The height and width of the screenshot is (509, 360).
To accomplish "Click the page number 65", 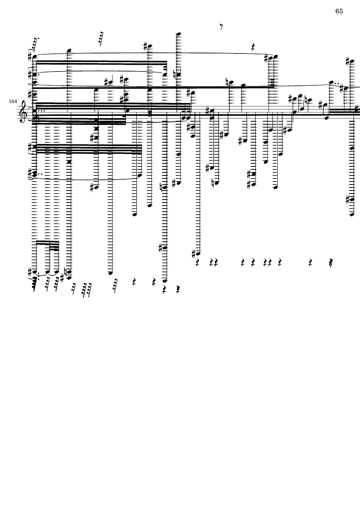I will click(339, 11).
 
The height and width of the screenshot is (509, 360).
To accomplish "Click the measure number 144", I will click(12, 101).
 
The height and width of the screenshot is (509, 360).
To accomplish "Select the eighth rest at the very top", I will click(221, 27).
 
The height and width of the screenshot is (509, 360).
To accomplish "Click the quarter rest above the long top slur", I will click(254, 47).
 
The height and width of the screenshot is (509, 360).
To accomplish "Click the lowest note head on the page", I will click(165, 281).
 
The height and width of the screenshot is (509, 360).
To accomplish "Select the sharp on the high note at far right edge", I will click(347, 61).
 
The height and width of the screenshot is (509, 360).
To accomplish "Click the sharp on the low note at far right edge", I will click(347, 199).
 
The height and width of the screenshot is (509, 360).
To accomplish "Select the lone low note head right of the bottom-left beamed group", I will click(110, 273).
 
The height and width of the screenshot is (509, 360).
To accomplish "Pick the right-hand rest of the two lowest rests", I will click(178, 288).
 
